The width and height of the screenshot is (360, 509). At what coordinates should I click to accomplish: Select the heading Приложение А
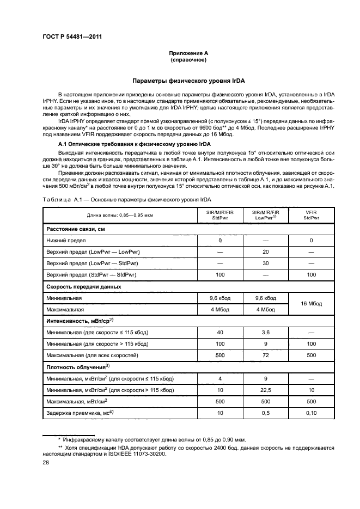[188, 53]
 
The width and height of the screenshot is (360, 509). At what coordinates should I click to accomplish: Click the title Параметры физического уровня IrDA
[188, 81]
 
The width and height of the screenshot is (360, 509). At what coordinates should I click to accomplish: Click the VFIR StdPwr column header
[311, 214]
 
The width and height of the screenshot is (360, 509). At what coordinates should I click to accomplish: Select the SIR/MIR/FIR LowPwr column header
[265, 214]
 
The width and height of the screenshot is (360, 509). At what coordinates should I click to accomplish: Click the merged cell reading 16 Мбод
[311, 304]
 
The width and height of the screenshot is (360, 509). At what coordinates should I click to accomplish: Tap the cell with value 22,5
[265, 390]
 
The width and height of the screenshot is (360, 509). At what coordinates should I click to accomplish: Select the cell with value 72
[265, 355]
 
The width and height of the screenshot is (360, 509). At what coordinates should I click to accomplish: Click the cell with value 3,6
[265, 332]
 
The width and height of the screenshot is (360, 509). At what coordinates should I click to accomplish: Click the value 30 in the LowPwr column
[265, 263]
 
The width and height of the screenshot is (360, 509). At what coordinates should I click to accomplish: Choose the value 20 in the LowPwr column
[265, 251]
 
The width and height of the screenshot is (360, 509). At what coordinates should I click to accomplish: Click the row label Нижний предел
[66, 240]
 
